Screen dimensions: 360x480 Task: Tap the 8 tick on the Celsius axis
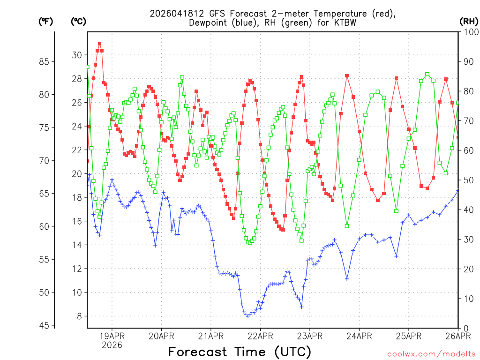79,316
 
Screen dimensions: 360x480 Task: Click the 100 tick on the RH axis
469,32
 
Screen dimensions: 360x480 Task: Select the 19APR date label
112,336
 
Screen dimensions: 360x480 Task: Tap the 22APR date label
260,336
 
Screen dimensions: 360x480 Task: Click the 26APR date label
457,336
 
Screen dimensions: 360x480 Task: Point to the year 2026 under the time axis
112,345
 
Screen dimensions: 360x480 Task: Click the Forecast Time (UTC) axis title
240,352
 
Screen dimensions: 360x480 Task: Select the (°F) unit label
45,21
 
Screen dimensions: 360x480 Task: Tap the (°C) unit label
78,21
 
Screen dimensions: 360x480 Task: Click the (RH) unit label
469,21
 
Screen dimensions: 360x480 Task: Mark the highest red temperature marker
99,44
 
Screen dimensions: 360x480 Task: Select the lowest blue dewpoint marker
247,316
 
